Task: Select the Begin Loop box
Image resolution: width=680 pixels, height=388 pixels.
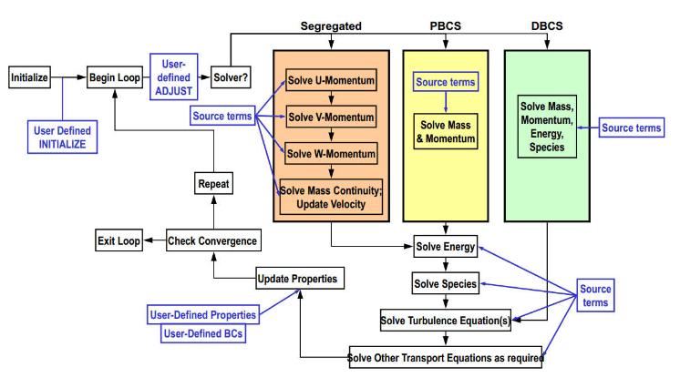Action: [115, 77]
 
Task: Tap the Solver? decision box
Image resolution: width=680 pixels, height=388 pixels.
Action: [229, 77]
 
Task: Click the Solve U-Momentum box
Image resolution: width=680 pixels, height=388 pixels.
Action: [331, 82]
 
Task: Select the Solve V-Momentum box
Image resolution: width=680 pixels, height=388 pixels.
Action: [331, 117]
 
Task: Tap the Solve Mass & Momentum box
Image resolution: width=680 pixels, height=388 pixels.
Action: [446, 130]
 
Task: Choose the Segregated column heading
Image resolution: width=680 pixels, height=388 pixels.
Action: [331, 26]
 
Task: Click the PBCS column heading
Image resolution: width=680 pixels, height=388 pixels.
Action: [445, 26]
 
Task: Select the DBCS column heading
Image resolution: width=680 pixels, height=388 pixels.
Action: [547, 26]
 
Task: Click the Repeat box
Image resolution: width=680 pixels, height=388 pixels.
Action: [214, 184]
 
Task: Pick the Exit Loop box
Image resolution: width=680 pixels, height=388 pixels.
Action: [118, 241]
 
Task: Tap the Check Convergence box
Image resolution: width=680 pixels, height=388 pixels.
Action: [212, 241]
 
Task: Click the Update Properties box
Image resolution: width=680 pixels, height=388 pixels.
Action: [297, 278]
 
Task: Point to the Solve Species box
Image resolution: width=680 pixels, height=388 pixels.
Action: [445, 284]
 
